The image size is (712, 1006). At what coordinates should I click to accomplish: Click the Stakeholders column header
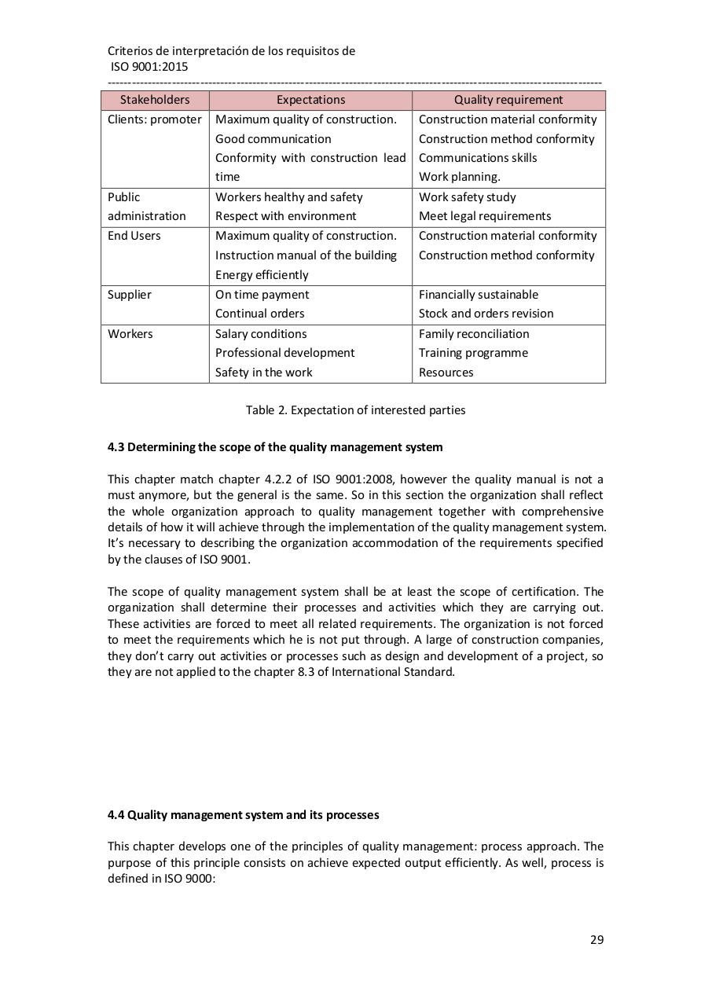click(155, 100)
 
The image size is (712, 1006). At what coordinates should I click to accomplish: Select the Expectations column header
click(310, 100)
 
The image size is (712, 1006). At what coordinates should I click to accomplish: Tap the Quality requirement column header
click(508, 100)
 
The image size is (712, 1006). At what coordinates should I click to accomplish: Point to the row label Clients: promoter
click(154, 119)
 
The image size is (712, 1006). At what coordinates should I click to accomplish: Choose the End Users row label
click(134, 236)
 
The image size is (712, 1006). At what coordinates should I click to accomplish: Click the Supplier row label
click(129, 295)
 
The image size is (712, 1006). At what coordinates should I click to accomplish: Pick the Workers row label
click(130, 334)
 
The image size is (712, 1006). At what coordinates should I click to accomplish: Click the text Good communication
click(273, 139)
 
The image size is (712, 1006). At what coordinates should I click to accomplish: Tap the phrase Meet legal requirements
click(484, 216)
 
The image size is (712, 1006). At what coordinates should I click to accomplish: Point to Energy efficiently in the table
click(262, 275)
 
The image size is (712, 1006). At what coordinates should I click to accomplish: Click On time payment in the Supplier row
click(262, 295)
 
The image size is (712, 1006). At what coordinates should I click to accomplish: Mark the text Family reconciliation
click(473, 334)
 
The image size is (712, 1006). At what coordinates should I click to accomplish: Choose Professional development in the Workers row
click(284, 353)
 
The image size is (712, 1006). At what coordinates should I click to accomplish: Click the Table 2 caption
click(355, 410)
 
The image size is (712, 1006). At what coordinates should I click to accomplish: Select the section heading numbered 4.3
click(274, 447)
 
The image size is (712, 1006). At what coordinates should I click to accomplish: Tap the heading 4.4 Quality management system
click(243, 815)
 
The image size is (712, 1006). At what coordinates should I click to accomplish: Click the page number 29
click(596, 940)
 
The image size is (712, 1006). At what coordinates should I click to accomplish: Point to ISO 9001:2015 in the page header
click(149, 67)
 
